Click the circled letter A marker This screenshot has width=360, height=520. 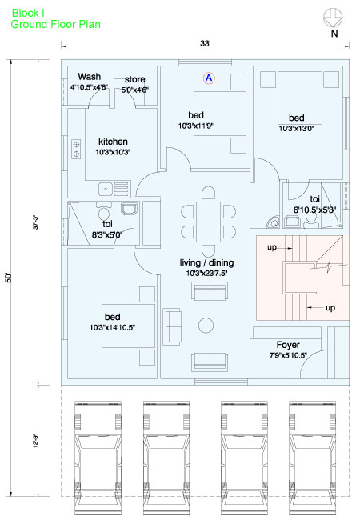(209, 78)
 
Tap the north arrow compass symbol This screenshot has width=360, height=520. (333, 18)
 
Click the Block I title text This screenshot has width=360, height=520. (28, 13)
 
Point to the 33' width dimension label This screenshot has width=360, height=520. (205, 43)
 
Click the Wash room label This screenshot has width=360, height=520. (89, 77)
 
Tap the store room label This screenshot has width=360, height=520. (134, 79)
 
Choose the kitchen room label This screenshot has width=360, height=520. (113, 142)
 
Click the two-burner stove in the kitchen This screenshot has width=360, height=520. (76, 149)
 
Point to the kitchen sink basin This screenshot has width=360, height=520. (106, 190)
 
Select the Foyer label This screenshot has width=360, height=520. (288, 345)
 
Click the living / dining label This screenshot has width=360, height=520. (206, 262)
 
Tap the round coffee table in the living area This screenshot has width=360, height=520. (206, 326)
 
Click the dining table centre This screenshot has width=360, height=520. (208, 222)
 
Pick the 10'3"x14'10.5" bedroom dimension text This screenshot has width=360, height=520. (112, 327)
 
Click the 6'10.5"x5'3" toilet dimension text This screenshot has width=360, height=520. (314, 210)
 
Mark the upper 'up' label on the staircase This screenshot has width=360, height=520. (272, 247)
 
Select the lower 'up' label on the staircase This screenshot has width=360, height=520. (330, 308)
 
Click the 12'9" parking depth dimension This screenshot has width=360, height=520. (36, 441)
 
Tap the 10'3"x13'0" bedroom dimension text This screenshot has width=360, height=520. (296, 128)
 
